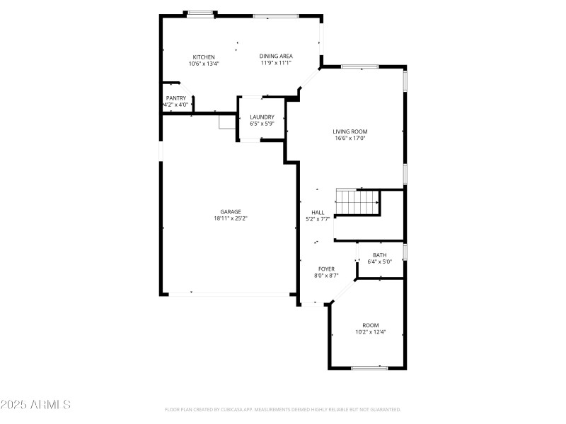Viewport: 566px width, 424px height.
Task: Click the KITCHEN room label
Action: click(204, 57)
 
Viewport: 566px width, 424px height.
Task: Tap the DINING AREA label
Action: click(276, 57)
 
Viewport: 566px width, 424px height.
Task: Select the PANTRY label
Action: click(176, 98)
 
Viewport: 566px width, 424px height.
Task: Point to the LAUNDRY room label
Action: click(262, 117)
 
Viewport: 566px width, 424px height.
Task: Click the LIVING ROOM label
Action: click(350, 131)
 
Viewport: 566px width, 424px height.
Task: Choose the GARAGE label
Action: click(231, 212)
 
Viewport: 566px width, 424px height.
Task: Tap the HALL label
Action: click(318, 213)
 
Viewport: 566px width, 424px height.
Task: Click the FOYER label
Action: click(326, 269)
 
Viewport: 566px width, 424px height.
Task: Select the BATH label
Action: click(380, 255)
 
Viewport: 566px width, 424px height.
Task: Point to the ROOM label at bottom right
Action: click(371, 325)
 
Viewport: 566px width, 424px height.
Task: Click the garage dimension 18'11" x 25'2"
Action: click(231, 219)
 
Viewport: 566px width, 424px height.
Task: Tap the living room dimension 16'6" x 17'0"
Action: click(350, 139)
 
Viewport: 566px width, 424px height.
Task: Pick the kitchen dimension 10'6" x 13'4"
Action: click(204, 64)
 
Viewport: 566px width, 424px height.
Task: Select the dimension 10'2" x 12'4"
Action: click(371, 331)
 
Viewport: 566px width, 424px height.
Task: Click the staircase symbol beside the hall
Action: click(357, 202)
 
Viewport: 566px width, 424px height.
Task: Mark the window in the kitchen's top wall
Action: click(200, 12)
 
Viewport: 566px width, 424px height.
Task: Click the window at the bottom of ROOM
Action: click(369, 367)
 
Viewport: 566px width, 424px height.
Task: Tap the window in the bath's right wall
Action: click(405, 252)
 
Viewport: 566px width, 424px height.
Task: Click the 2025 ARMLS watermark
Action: click(35, 405)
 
